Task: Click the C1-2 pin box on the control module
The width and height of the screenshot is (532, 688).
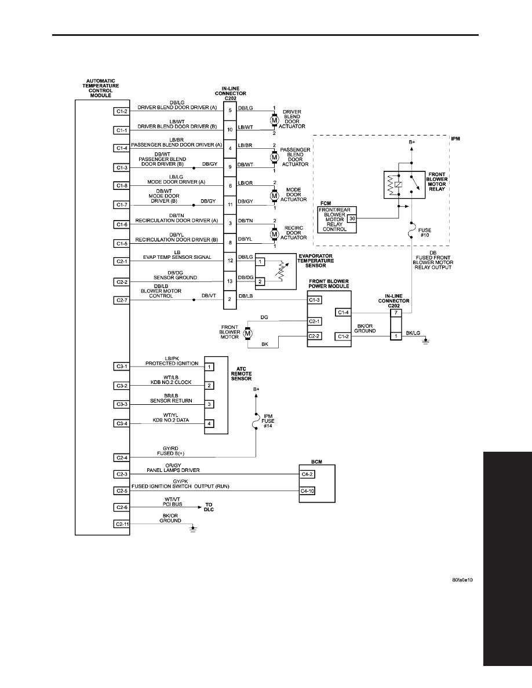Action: pos(122,111)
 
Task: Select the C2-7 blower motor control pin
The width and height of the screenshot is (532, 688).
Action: pos(122,301)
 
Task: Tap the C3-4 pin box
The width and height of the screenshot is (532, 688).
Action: pos(122,423)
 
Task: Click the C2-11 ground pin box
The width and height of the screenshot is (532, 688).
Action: pos(122,524)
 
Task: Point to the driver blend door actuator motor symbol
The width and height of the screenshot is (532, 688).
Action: pos(274,120)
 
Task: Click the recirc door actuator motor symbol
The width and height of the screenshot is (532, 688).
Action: pos(274,235)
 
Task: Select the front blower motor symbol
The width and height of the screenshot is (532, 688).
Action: pos(247,334)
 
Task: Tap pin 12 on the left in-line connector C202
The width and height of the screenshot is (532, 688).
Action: pos(230,261)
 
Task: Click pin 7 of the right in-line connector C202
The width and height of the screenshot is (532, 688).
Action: pos(396,313)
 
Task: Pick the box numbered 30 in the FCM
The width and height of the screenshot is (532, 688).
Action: pos(352,218)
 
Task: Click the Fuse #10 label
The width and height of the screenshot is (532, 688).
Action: pos(424,233)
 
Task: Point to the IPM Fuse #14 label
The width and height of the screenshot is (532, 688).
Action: pos(268,421)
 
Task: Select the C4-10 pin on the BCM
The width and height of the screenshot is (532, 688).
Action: pos(307,491)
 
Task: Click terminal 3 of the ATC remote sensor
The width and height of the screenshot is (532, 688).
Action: pos(210,404)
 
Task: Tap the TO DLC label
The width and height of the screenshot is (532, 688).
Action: pos(209,507)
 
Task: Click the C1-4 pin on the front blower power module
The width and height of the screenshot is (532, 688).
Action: pos(343,312)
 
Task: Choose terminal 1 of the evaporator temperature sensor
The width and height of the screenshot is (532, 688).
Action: pos(260,262)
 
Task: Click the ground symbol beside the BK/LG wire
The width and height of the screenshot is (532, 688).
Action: pos(425,341)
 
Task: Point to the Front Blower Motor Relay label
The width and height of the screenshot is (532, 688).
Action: pos(437,182)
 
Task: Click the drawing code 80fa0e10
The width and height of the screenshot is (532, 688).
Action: pos(462,580)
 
